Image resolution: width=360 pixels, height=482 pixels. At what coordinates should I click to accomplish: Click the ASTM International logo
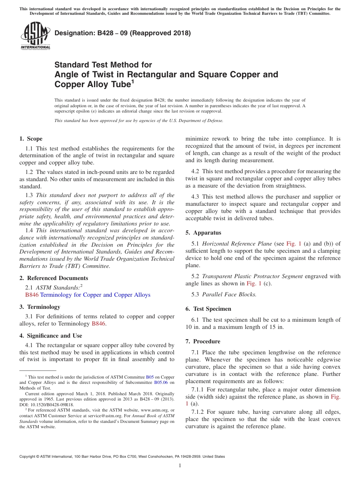(35, 36)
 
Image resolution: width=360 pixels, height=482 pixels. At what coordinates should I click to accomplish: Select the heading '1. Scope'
(31, 139)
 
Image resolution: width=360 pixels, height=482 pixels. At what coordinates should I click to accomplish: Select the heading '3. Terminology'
(40, 307)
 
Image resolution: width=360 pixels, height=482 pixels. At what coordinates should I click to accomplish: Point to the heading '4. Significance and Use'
(51, 336)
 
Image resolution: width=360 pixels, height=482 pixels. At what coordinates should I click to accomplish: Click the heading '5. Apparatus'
(203, 233)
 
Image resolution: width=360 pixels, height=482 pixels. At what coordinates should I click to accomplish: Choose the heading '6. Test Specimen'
(208, 309)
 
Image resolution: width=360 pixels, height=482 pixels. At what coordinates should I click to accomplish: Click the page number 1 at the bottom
(180, 466)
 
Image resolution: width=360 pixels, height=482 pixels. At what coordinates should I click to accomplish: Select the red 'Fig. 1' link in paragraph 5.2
(254, 283)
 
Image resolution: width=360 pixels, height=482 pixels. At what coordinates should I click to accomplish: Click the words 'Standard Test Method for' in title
(103, 65)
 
